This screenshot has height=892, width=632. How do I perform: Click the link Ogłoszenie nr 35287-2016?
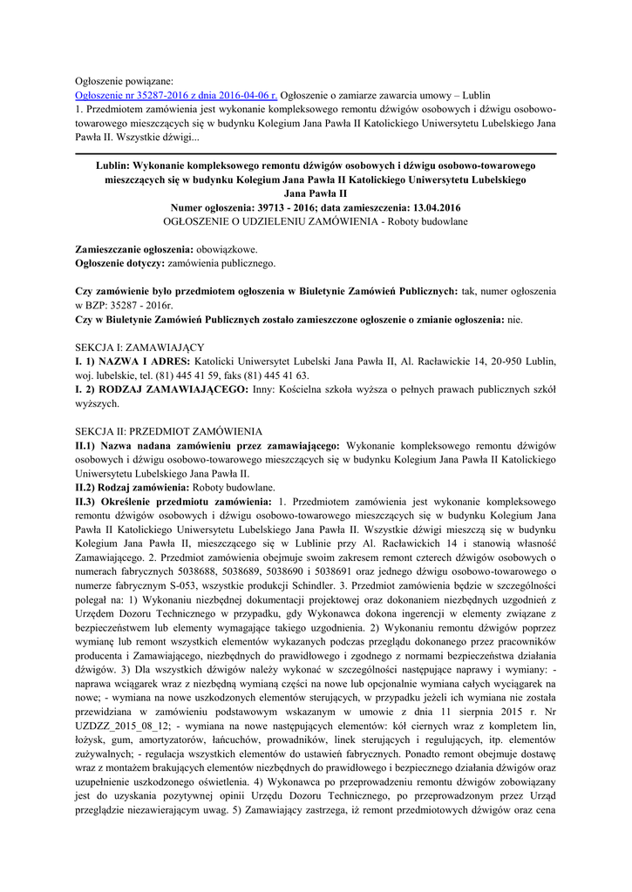(x=177, y=94)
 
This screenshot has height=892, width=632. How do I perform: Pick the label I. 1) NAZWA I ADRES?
(x=133, y=361)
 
